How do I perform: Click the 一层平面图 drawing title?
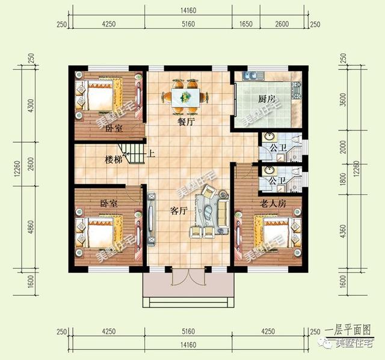click(348, 330)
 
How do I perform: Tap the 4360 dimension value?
click(344, 231)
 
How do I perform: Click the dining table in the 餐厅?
click(185, 97)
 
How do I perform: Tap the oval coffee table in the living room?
click(206, 213)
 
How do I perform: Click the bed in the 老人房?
click(277, 231)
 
